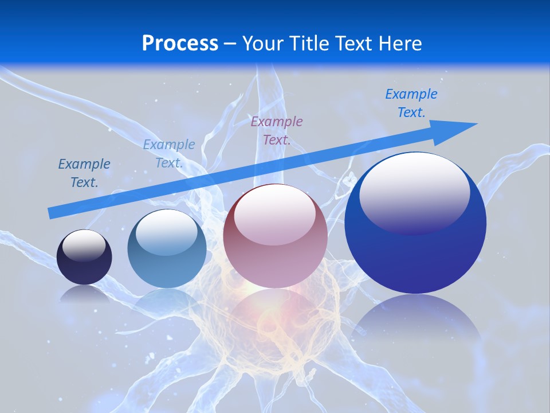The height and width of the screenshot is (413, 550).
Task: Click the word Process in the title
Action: pyautogui.click(x=180, y=44)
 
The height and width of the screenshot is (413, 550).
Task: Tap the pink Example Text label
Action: pyautogui.click(x=277, y=131)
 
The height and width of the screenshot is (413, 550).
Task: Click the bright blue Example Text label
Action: pyautogui.click(x=411, y=103)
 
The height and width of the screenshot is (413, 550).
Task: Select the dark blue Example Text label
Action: pyautogui.click(x=84, y=173)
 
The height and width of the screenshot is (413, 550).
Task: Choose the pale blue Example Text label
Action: pyautogui.click(x=169, y=154)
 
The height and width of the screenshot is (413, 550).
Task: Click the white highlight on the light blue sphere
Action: pyautogui.click(x=166, y=232)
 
